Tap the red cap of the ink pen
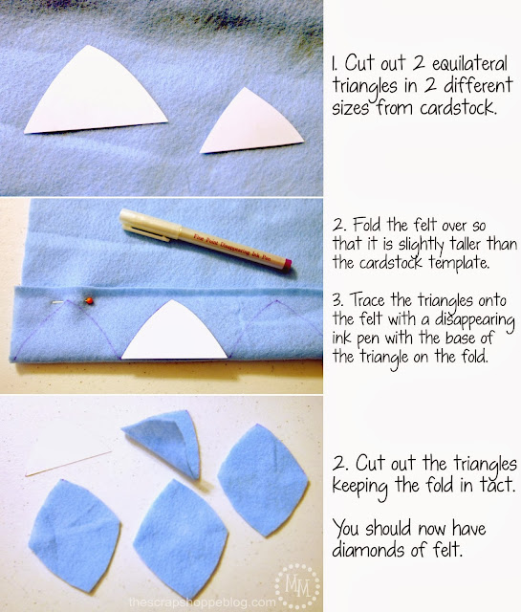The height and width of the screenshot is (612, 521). click(x=287, y=265)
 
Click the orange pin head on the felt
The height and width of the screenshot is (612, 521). click(x=89, y=300)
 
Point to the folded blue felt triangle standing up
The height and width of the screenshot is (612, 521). click(x=166, y=441)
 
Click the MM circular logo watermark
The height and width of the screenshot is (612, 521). click(x=297, y=585)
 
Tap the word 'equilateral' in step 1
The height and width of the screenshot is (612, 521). click(x=469, y=64)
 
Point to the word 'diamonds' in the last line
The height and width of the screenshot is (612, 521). click(x=368, y=549)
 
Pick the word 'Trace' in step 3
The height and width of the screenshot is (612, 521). click(x=368, y=299)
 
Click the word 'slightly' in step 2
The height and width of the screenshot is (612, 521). click(x=421, y=245)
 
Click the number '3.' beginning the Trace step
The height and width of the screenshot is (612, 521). click(x=338, y=300)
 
